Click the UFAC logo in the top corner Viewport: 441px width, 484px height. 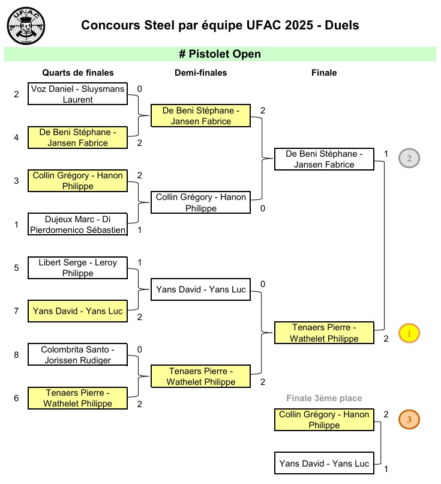[x=26, y=26]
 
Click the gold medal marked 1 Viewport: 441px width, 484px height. [x=409, y=333]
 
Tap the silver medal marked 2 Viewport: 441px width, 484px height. [x=409, y=159]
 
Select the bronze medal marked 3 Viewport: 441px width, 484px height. [x=409, y=420]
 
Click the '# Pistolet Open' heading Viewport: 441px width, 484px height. [x=220, y=54]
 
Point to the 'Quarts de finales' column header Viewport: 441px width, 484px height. [x=78, y=73]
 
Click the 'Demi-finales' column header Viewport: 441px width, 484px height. [x=200, y=73]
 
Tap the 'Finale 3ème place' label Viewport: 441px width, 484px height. [x=324, y=398]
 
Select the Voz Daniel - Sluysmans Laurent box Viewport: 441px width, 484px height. [x=78, y=94]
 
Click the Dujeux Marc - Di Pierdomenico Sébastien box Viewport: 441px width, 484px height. [x=78, y=225]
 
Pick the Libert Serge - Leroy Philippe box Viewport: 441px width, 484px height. [x=78, y=268]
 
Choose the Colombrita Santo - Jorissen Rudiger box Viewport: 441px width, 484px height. [x=78, y=354]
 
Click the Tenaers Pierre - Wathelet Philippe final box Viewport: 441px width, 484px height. [x=324, y=333]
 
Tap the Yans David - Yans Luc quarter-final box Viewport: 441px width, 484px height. [x=78, y=311]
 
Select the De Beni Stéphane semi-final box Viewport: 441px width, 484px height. [x=200, y=116]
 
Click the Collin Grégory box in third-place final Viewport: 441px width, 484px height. [x=324, y=420]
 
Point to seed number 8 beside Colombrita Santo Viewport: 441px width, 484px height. [x=17, y=355]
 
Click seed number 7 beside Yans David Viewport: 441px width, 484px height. [x=17, y=311]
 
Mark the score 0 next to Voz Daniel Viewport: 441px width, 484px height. [x=139, y=89]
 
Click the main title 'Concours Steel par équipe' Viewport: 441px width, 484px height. [x=220, y=25]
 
